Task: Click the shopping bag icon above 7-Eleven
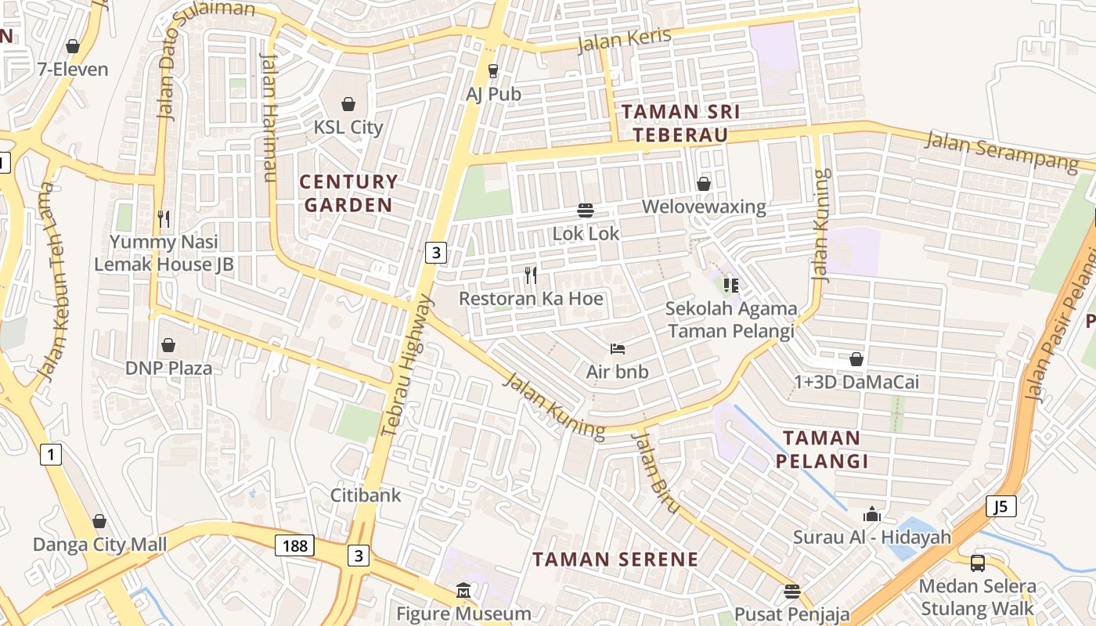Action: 73,47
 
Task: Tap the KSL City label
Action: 348,127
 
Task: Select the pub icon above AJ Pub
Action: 492,71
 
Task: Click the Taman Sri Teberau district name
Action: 680,123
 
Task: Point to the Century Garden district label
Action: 348,193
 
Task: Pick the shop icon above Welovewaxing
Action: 704,184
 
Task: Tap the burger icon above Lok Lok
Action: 586,210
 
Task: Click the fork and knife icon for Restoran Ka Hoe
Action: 531,275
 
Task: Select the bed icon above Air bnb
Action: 618,348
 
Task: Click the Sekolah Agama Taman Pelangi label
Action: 730,319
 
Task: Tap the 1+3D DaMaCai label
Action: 856,383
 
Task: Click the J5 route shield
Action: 1000,506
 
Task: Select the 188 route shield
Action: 294,545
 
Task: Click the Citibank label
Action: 366,495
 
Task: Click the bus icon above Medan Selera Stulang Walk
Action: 977,563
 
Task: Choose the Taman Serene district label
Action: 615,559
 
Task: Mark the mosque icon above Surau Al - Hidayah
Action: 872,514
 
